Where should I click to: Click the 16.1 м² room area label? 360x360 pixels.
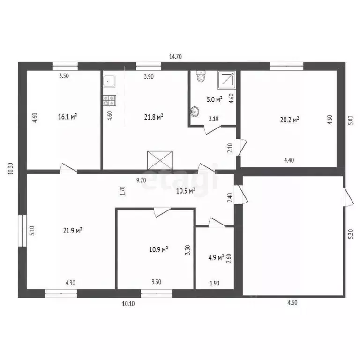pyautogui.click(x=67, y=117)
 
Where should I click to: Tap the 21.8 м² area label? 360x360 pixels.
pyautogui.click(x=154, y=117)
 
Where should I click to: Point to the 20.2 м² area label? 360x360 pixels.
pyautogui.click(x=290, y=120)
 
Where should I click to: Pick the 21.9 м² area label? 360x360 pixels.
pyautogui.click(x=73, y=230)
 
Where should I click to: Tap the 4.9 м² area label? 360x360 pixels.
pyautogui.click(x=215, y=257)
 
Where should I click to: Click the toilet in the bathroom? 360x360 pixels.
pyautogui.click(x=201, y=77)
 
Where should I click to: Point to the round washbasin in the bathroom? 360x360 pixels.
pyautogui.click(x=195, y=111)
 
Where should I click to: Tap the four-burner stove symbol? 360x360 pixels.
pyautogui.click(x=109, y=99)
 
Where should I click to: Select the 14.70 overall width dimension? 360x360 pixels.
pyautogui.click(x=175, y=56)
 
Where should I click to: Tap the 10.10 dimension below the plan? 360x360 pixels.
pyautogui.click(x=129, y=304)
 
